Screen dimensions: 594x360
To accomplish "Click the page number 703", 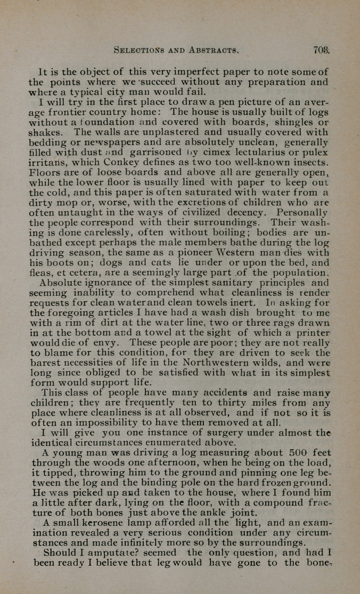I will point(322,51).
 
